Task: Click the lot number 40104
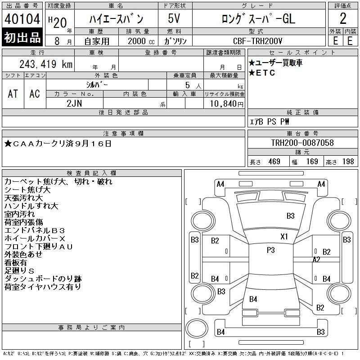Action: [22, 18]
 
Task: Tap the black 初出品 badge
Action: [22, 37]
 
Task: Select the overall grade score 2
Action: [343, 18]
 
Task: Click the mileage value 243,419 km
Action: [46, 64]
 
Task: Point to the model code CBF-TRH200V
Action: [257, 41]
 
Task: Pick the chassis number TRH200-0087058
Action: [302, 143]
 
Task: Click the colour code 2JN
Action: [74, 103]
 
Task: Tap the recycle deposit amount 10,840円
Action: [227, 104]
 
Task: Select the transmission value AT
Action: [13, 94]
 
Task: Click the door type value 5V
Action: [174, 18]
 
